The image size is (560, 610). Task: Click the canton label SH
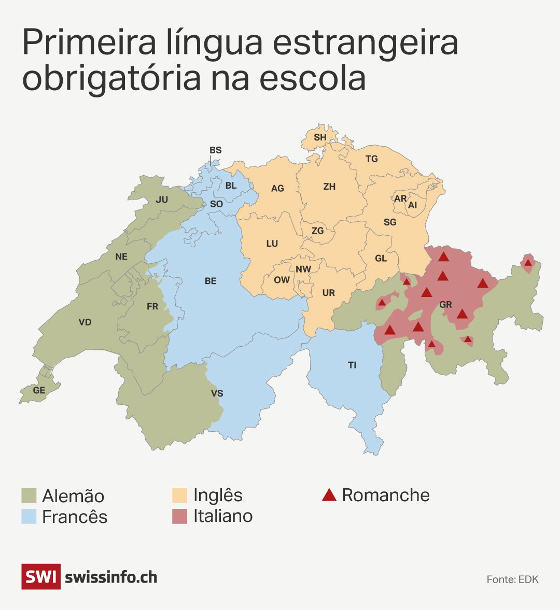pos(320,137)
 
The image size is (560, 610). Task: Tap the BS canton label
pos(215,150)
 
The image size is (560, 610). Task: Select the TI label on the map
pos(352,365)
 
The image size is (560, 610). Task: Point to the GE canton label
pos(39,390)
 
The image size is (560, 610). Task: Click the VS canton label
pos(217,393)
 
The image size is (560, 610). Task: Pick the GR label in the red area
pos(445,305)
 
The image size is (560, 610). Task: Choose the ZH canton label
pos(329,187)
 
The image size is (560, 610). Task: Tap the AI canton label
pos(412,205)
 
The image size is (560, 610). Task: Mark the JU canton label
pos(162,200)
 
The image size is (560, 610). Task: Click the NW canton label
pos(303,269)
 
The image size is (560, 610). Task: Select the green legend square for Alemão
pos(29,495)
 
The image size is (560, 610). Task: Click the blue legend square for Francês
pos(29,516)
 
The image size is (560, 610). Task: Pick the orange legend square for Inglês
pos(179,495)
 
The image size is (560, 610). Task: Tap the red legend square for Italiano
pos(179,516)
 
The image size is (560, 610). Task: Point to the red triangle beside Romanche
pos(329,495)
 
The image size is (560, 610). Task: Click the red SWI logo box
pos(40,576)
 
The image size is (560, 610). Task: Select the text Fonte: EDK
pos(512,579)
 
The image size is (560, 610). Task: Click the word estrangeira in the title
pos(366,44)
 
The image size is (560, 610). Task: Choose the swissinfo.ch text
pos(111,577)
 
